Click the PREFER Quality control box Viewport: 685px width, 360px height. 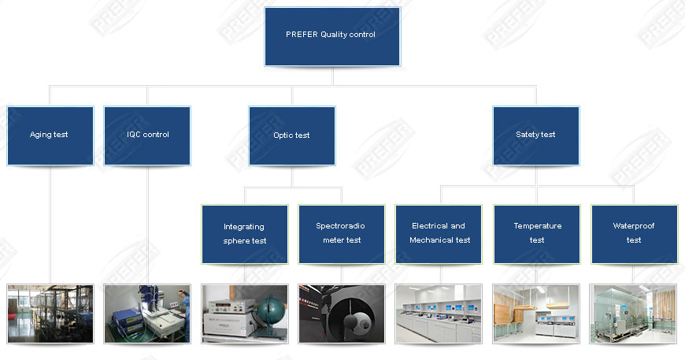click(x=331, y=36)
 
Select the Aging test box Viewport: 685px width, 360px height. click(x=50, y=135)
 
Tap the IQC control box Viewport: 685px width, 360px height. click(x=147, y=135)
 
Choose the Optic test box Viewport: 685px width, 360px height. click(x=292, y=135)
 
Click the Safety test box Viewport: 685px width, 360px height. click(x=536, y=135)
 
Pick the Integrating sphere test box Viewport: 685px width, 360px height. click(x=244, y=234)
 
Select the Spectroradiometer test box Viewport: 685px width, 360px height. click(x=342, y=234)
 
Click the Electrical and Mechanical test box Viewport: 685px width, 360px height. click(x=439, y=234)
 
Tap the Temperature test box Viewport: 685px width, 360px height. click(x=537, y=234)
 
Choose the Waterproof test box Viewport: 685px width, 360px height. click(x=634, y=234)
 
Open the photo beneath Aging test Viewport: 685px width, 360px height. click(x=50, y=314)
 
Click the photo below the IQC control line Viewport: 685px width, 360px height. click(x=147, y=314)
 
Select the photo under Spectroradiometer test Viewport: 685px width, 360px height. click(x=342, y=314)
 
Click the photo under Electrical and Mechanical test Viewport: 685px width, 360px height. click(x=439, y=314)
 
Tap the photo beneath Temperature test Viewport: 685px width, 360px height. click(x=537, y=314)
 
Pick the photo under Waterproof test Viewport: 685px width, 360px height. click(x=634, y=314)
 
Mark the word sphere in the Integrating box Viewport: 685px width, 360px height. click(x=235, y=241)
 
